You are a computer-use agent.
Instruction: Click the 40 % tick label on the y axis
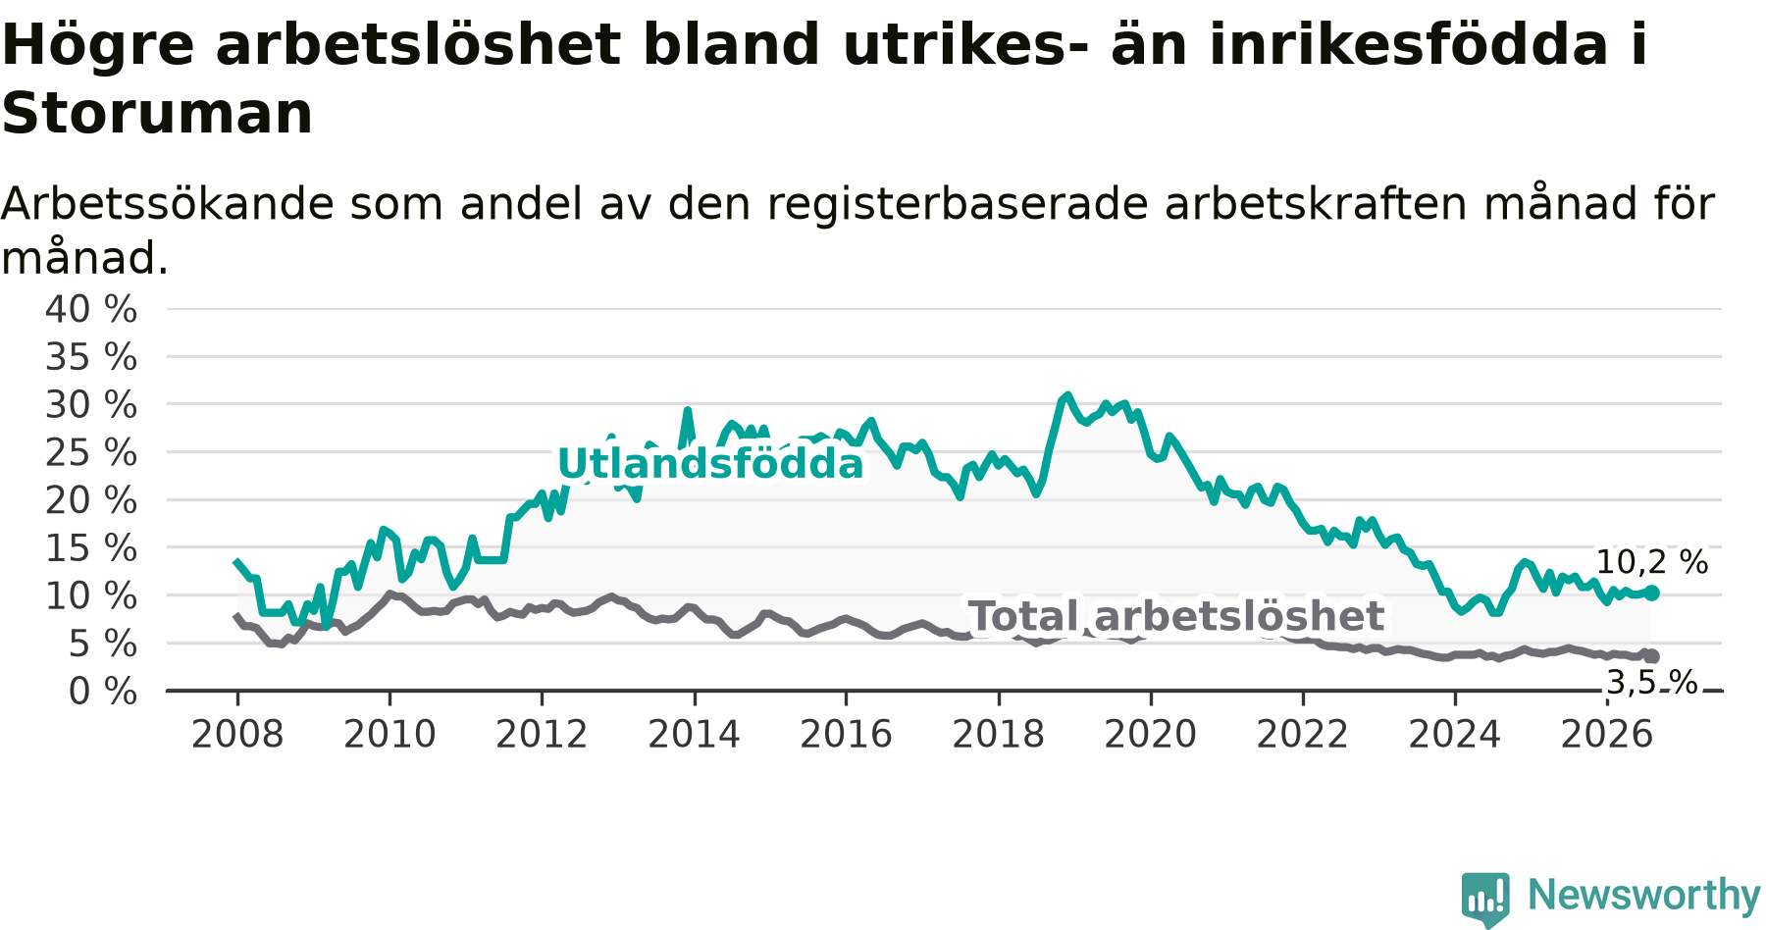(x=91, y=309)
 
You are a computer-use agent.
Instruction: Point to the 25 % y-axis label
(x=91, y=452)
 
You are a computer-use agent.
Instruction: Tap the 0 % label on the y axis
(x=103, y=692)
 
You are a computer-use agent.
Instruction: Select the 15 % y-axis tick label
(x=91, y=548)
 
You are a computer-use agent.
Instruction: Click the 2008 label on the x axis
(x=237, y=734)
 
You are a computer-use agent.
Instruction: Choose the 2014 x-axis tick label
(x=694, y=734)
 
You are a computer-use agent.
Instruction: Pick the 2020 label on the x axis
(x=1151, y=734)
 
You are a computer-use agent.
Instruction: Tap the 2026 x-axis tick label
(x=1607, y=734)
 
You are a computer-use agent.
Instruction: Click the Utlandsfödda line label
(x=710, y=463)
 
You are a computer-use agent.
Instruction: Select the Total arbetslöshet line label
(x=1176, y=616)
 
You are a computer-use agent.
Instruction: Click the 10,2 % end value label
(x=1652, y=562)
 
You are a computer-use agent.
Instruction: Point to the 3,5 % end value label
(x=1652, y=682)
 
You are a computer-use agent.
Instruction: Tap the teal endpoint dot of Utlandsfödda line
(x=1652, y=593)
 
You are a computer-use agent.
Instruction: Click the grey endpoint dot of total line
(x=1652, y=656)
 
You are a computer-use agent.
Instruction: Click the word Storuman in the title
(x=157, y=113)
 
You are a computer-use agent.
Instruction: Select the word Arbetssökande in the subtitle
(x=169, y=204)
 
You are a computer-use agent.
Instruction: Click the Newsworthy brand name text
(x=1644, y=895)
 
